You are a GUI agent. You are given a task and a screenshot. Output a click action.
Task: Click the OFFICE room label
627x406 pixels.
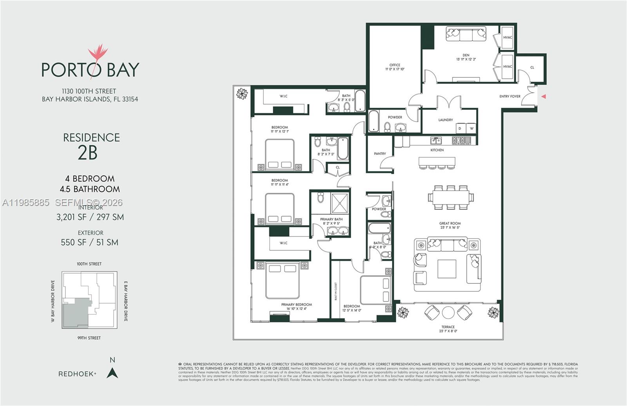[395, 65]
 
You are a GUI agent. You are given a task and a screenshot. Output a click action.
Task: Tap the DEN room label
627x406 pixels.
[466, 55]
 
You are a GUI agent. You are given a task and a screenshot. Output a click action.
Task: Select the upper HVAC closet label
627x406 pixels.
[507, 38]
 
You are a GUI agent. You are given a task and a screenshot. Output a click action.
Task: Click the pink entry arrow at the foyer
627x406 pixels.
[543, 96]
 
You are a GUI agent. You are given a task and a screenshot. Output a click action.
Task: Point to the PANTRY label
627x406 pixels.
[380, 154]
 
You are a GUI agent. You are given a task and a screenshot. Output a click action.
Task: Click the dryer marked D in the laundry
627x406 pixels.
[460, 128]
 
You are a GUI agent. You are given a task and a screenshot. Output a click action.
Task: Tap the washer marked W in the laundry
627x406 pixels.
[471, 128]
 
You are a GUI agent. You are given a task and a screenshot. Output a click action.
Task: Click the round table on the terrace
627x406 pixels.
[448, 313]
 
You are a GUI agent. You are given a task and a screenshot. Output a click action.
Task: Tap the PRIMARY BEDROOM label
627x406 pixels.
[296, 304]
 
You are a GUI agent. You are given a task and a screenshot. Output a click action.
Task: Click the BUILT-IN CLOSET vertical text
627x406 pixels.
[336, 291]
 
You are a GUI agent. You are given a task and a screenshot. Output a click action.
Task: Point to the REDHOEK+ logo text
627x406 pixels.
[77, 374]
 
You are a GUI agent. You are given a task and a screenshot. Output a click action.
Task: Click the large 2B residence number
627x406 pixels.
[87, 153]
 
